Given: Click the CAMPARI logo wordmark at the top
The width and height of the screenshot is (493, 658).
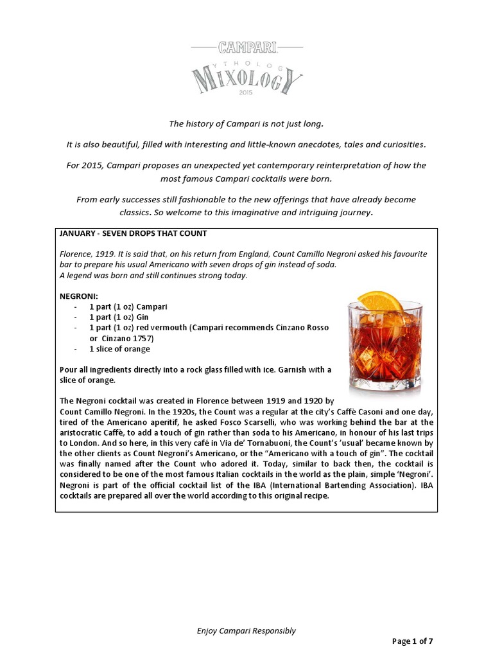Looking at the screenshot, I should pyautogui.click(x=246, y=48).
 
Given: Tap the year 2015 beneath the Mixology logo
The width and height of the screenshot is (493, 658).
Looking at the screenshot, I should pyautogui.click(x=246, y=93).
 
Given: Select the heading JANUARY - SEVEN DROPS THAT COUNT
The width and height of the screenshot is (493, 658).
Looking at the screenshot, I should pyautogui.click(x=132, y=233).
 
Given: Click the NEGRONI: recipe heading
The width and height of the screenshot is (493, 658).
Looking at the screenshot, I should pyautogui.click(x=79, y=296).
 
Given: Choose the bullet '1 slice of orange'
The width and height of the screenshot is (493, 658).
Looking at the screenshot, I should pyautogui.click(x=119, y=349).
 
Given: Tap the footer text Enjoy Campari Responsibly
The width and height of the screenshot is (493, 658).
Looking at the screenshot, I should pyautogui.click(x=246, y=630).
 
